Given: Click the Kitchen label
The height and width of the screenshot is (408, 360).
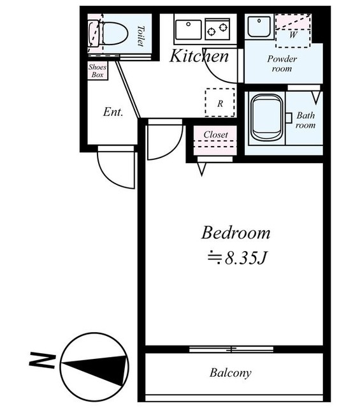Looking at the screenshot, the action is coord(199,56).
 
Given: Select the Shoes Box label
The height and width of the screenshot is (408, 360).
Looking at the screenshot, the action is coord(97,71).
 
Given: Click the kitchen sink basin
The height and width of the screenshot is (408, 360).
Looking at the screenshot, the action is coord(189,29).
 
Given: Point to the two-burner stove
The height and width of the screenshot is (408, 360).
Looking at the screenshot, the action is coord(217,29).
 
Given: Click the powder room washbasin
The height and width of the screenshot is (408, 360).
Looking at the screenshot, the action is coord(259,26).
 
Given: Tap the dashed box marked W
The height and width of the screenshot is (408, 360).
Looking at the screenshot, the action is coord(293,38).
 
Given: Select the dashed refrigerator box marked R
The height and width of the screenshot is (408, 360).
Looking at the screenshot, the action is coord(220,103).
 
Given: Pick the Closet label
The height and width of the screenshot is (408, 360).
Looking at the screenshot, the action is coord(215,135).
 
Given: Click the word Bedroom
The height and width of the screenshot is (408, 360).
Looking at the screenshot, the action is coord(236,233).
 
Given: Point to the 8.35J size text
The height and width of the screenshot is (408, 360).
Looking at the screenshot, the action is coord(237,258).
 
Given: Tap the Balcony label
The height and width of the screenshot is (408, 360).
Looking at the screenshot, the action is coord(231,372).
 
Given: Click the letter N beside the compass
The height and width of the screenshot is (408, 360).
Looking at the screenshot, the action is coord(43,360).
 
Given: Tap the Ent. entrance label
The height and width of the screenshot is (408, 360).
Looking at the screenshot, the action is coord(113,112).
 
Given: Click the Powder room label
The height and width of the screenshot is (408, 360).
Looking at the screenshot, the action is coord(282,64).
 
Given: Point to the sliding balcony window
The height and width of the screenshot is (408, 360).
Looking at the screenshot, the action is coord(231,349).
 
